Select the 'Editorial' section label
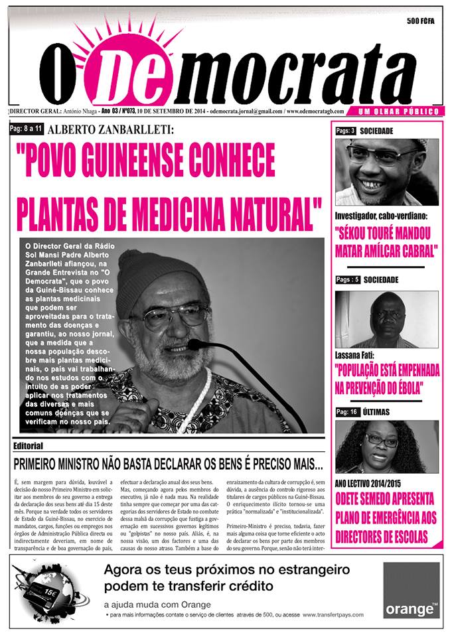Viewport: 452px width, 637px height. tap(28, 445)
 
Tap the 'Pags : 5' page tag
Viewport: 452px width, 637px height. tap(348, 279)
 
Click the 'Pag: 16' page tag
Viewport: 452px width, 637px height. tap(346, 412)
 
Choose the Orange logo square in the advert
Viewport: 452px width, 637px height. tap(411, 590)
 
